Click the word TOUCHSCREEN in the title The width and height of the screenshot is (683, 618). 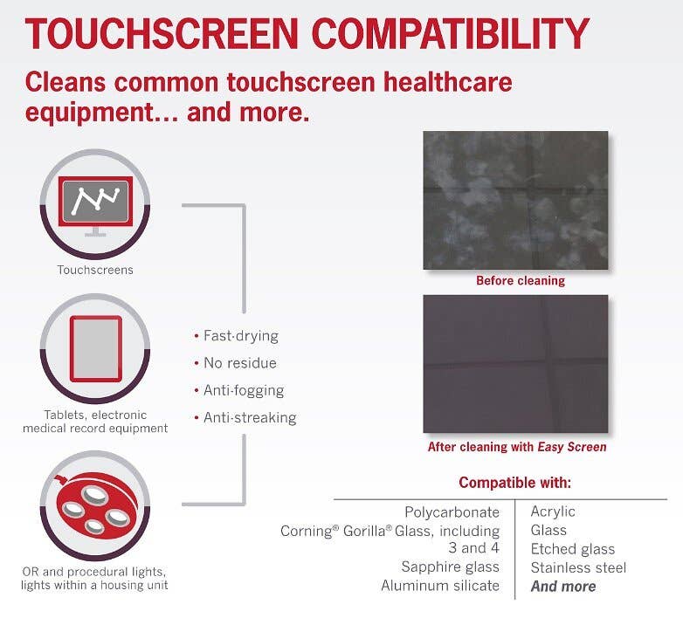pyautogui.click(x=162, y=33)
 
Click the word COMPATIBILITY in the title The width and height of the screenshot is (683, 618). pyautogui.click(x=451, y=33)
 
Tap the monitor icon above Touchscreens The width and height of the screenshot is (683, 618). pyautogui.click(x=95, y=205)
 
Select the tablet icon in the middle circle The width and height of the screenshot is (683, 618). pyautogui.click(x=95, y=348)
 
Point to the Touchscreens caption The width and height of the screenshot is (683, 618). pyautogui.click(x=95, y=270)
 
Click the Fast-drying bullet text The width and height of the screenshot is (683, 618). pyautogui.click(x=241, y=336)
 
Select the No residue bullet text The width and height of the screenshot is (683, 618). pyautogui.click(x=240, y=363)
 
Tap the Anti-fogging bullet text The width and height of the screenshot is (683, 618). pyautogui.click(x=244, y=391)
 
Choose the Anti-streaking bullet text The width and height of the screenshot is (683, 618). pyautogui.click(x=250, y=418)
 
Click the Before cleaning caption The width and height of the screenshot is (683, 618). pyautogui.click(x=521, y=281)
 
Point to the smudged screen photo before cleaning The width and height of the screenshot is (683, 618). pyautogui.click(x=515, y=200)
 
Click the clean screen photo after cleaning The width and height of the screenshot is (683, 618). pyautogui.click(x=515, y=364)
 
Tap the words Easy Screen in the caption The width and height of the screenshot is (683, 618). pyautogui.click(x=572, y=447)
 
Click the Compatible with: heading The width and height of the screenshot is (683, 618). pyautogui.click(x=514, y=483)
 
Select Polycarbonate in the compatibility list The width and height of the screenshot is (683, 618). pyautogui.click(x=452, y=512)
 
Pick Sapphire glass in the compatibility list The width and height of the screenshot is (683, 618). pyautogui.click(x=451, y=567)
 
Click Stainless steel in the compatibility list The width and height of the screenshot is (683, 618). pyautogui.click(x=578, y=567)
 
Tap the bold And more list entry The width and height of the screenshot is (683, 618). pyautogui.click(x=563, y=587)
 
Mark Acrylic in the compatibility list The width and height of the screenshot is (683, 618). pyautogui.click(x=553, y=512)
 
